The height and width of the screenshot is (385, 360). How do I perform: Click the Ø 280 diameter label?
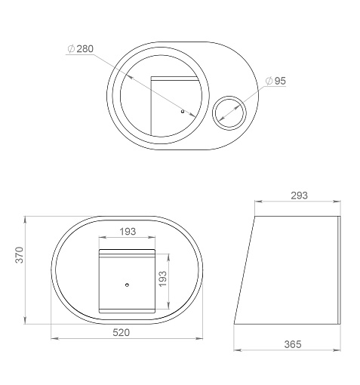[81, 48]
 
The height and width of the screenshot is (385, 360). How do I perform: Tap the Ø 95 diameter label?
[275, 81]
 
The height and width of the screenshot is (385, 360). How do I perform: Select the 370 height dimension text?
[20, 255]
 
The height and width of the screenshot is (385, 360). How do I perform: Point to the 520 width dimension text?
[122, 332]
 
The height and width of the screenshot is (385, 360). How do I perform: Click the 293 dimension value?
[300, 196]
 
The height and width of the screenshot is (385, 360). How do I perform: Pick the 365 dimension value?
[293, 344]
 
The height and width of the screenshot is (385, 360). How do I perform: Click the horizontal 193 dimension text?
[128, 231]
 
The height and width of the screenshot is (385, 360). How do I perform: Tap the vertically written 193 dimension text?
[163, 279]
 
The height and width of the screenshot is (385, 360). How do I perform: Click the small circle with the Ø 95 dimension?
[229, 96]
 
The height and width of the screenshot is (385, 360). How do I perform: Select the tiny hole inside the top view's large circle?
[183, 111]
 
